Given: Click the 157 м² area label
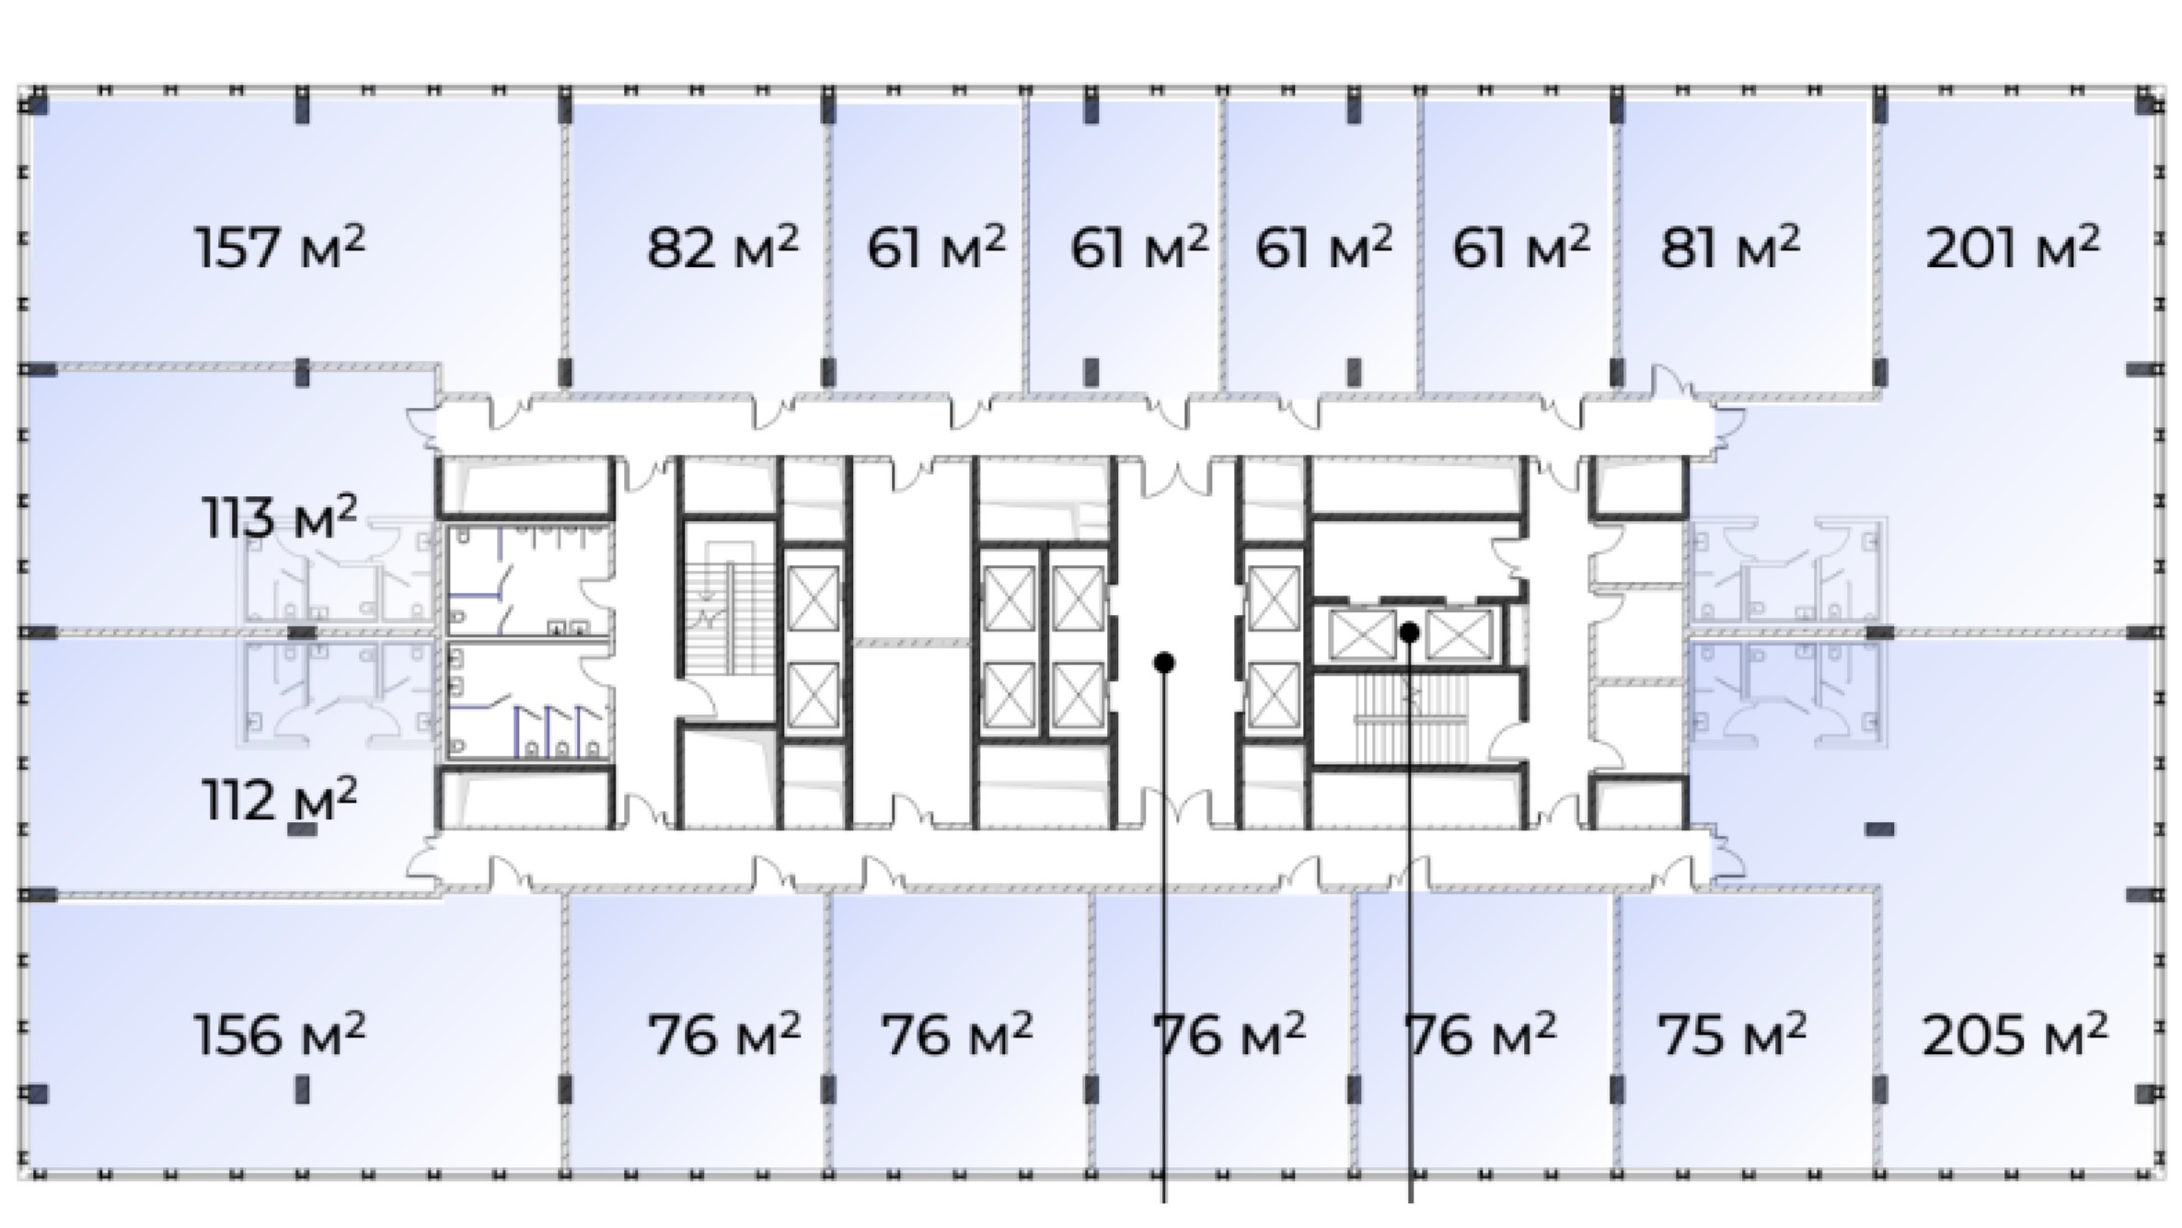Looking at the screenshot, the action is click(280, 247).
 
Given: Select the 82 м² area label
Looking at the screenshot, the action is click(722, 247).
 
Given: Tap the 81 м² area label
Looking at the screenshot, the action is click(1729, 247).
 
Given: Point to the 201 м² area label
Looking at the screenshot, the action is click(2013, 247).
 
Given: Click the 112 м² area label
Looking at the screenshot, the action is click(280, 798).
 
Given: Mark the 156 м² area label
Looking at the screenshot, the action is click(280, 1034).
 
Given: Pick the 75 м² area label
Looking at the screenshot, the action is click(1731, 1034).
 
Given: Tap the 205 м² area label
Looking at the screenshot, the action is click(2015, 1034).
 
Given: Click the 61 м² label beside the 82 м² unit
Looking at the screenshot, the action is click(936, 247).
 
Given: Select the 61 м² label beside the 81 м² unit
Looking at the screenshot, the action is click(1520, 247).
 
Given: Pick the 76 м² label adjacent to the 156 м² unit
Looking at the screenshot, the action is click(724, 1034).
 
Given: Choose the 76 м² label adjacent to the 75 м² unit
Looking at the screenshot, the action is click(1480, 1034).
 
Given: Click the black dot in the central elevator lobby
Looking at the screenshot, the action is click(1164, 663).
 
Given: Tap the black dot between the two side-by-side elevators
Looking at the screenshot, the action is click(1409, 632).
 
